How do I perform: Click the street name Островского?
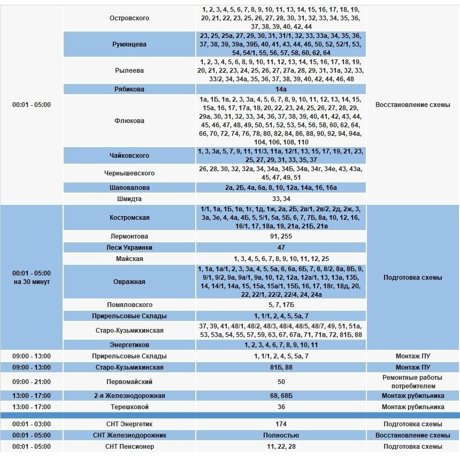[129, 18]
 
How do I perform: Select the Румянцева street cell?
[129, 44]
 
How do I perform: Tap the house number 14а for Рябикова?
[281, 89]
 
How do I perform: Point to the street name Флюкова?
[129, 121]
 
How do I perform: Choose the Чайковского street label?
[129, 156]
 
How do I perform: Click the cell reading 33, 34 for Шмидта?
[281, 199]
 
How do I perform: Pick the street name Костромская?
[129, 218]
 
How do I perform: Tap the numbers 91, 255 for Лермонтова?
[281, 236]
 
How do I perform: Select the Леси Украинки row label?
[129, 248]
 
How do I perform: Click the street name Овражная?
[129, 282]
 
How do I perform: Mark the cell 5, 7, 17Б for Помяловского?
[281, 305]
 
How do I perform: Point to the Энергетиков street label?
[129, 345]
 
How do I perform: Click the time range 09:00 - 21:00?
[32, 382]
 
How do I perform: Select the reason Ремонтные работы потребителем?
[412, 382]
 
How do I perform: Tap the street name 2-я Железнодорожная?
[129, 396]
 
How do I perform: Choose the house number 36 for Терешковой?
[281, 407]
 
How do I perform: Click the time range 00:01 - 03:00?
[32, 424]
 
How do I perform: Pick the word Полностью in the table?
[281, 435]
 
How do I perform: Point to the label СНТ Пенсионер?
[129, 447]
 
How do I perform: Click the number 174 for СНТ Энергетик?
[281, 424]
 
